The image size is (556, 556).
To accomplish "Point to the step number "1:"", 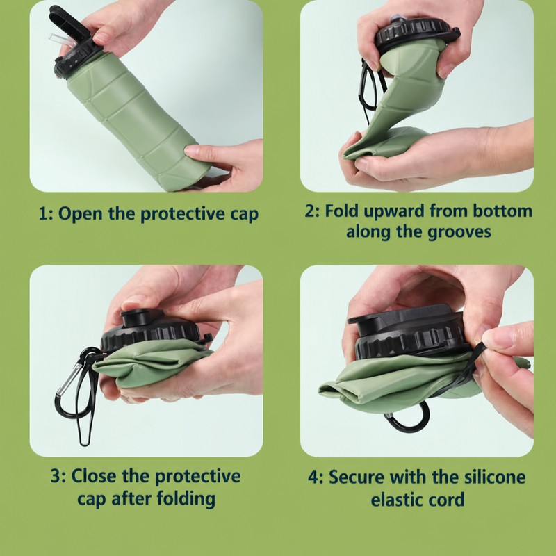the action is (x=46, y=214).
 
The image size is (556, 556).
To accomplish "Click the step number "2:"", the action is (x=312, y=211).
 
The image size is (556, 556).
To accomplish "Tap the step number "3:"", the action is (x=58, y=476).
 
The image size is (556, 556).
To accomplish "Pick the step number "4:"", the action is (x=316, y=477).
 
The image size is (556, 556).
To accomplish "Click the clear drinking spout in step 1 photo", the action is (x=62, y=41).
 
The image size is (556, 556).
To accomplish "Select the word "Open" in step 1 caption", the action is (x=80, y=215).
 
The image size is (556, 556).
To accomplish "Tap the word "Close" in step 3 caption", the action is (x=94, y=476).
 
